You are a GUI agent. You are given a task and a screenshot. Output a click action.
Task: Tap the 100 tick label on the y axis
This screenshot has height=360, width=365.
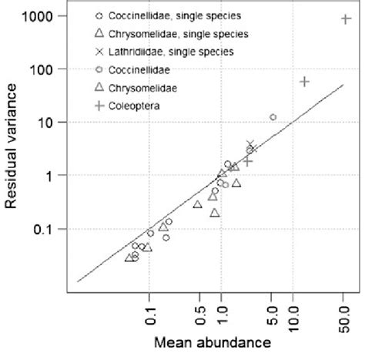pyautogui.click(x=45, y=69)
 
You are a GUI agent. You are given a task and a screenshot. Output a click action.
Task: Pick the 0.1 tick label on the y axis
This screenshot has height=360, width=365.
pyautogui.click(x=45, y=229)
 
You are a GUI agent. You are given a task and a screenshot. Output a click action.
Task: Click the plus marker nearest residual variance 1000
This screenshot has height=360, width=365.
pyautogui.click(x=346, y=19)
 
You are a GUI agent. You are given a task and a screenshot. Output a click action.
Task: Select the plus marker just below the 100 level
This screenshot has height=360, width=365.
pyautogui.click(x=304, y=81)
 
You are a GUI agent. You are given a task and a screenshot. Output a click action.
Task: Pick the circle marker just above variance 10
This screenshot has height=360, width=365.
pyautogui.click(x=273, y=117)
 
